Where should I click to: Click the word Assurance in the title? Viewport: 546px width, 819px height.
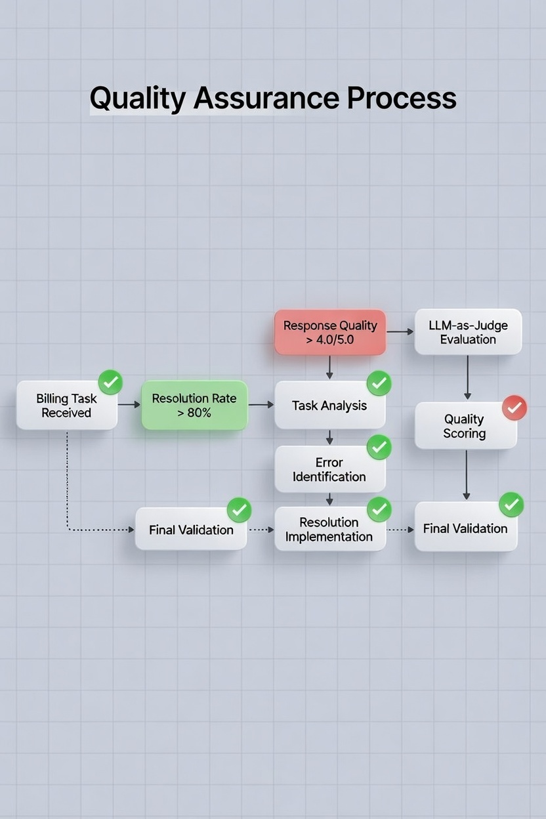point(266,98)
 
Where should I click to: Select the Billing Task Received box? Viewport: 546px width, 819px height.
point(66,406)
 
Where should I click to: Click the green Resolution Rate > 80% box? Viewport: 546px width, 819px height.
point(194,406)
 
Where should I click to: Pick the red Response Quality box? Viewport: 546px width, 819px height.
point(329,333)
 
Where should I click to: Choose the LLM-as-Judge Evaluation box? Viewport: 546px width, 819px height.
point(468,333)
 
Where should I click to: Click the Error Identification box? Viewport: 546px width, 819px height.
point(329,469)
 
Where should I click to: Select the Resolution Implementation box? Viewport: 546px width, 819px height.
point(329,529)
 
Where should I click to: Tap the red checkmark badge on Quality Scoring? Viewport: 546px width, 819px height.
point(514,408)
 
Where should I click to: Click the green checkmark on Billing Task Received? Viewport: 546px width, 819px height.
point(110,382)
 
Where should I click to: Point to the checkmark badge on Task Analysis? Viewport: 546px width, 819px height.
point(379,383)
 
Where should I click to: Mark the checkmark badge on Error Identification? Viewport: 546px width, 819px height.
point(379,447)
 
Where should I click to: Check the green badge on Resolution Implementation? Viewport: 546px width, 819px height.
point(379,509)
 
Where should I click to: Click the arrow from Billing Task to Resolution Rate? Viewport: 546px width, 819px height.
point(129,405)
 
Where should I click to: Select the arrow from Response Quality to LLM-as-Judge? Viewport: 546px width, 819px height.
point(400,332)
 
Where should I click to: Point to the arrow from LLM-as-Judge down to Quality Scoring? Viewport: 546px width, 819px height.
point(467,378)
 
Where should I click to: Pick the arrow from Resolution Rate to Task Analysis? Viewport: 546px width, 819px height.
point(261,405)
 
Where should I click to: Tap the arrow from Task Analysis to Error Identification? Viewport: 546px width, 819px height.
point(329,437)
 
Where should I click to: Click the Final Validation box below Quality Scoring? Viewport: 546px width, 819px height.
point(465,528)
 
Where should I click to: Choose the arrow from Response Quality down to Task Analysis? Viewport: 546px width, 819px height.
point(329,367)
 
